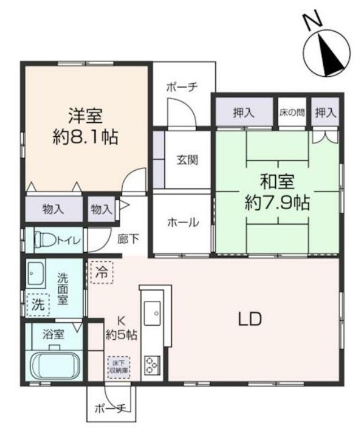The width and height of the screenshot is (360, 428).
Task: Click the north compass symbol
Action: click(x=327, y=54)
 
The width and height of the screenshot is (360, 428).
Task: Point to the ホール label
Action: click(x=183, y=223)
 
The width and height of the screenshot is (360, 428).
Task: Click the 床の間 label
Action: click(x=292, y=113)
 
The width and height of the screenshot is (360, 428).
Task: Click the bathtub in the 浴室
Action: click(x=55, y=367)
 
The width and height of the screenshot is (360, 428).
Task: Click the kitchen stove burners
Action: click(x=151, y=364)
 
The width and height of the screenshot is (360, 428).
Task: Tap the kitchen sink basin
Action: click(x=153, y=311)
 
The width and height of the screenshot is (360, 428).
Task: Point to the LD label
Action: click(x=249, y=319)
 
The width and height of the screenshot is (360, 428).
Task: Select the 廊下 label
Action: click(x=128, y=239)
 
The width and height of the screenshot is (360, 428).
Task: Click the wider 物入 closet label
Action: click(x=54, y=209)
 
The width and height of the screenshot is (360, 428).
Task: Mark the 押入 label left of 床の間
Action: click(x=244, y=113)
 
